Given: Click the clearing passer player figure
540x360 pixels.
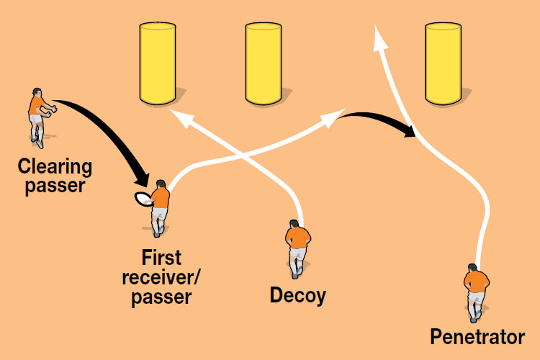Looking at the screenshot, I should point(38,115).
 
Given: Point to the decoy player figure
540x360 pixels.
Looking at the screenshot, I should point(297,248).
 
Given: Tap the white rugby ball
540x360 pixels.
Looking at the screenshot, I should point(143,199).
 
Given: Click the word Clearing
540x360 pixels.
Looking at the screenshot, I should point(55,168).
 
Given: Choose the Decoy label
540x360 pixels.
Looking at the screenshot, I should point(297,295).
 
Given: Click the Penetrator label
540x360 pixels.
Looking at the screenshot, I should point(477,337).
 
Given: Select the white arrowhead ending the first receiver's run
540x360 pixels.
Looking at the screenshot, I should point(338,117).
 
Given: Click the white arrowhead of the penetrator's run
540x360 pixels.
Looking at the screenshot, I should point(377,35).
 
